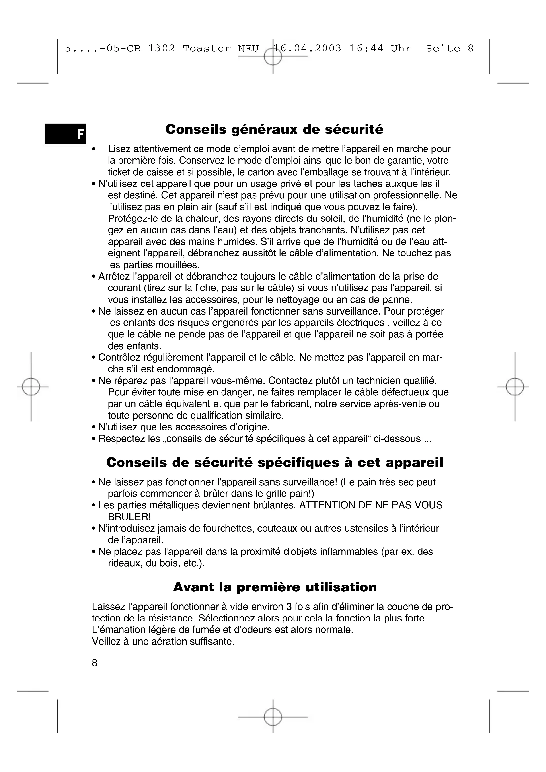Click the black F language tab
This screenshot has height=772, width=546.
(x=66, y=134)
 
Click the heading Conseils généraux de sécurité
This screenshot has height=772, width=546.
(x=274, y=129)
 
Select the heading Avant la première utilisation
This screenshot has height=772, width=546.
(x=275, y=587)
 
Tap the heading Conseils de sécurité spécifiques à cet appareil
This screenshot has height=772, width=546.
(x=275, y=462)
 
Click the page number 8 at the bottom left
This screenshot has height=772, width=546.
(x=94, y=663)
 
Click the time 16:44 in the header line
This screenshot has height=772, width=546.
(x=366, y=49)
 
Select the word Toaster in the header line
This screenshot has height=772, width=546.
(x=206, y=49)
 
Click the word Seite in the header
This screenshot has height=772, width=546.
(x=443, y=49)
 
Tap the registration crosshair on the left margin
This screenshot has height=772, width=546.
(x=31, y=387)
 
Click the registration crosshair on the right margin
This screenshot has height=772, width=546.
(x=515, y=387)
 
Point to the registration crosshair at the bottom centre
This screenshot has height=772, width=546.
(x=273, y=717)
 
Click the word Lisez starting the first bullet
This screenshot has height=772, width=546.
(x=119, y=149)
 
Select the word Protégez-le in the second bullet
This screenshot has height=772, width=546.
(x=134, y=218)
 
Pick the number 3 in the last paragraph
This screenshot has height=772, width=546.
(x=289, y=607)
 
